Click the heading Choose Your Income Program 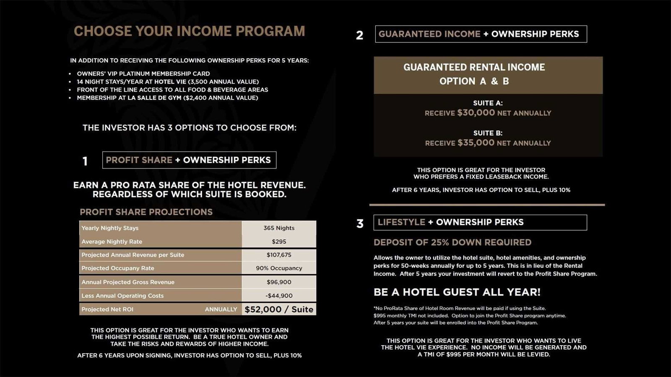click(x=189, y=31)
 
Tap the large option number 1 click(x=85, y=161)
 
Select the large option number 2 click(x=359, y=35)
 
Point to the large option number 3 click(x=360, y=224)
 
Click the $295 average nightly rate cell click(x=279, y=242)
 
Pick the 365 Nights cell click(x=279, y=228)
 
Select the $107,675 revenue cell click(x=279, y=255)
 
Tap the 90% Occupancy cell click(x=279, y=268)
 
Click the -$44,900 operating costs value click(x=279, y=296)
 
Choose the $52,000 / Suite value click(x=279, y=309)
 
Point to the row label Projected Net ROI click(x=107, y=309)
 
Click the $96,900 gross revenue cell click(x=279, y=282)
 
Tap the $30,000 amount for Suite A click(x=476, y=112)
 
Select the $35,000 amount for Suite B click(x=476, y=143)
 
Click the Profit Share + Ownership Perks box click(x=189, y=160)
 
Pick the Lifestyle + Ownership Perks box click(x=480, y=222)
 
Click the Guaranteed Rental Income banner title click(x=474, y=68)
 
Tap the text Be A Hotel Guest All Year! click(x=457, y=292)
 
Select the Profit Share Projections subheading click(x=146, y=212)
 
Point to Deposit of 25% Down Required click(x=453, y=242)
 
